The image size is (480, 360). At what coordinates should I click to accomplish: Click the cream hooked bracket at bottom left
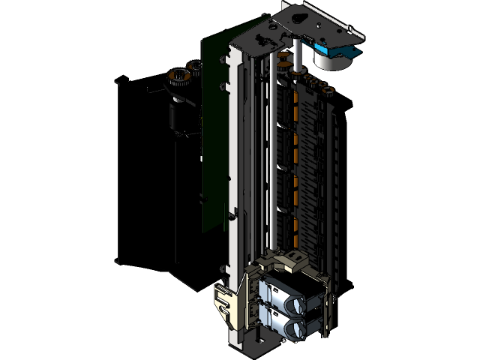(x=225, y=304)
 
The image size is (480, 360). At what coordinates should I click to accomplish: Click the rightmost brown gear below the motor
(x=327, y=92)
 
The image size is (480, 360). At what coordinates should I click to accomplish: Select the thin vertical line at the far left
(x=117, y=172)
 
